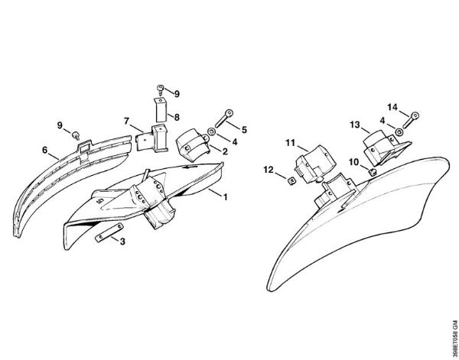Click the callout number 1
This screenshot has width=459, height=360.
[225, 197]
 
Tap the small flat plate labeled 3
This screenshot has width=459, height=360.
[109, 232]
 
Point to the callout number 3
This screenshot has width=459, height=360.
[122, 242]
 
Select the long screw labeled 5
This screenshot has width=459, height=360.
[224, 118]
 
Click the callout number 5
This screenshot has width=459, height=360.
[244, 129]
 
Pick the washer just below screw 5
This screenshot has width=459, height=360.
[211, 131]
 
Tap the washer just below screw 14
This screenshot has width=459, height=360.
[399, 131]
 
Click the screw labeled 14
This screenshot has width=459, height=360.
[411, 119]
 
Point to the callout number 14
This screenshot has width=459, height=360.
[392, 107]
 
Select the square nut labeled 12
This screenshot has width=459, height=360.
[291, 182]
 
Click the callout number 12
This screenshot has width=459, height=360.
[269, 170]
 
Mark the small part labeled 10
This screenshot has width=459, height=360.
[372, 170]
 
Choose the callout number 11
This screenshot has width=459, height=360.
[290, 143]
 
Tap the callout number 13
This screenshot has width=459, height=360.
[355, 125]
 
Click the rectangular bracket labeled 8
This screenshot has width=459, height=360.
[160, 109]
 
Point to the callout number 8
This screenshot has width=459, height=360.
[177, 118]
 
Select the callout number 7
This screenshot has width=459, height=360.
[126, 121]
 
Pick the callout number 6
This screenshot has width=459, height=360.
[44, 151]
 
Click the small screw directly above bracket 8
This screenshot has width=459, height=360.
[161, 89]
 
